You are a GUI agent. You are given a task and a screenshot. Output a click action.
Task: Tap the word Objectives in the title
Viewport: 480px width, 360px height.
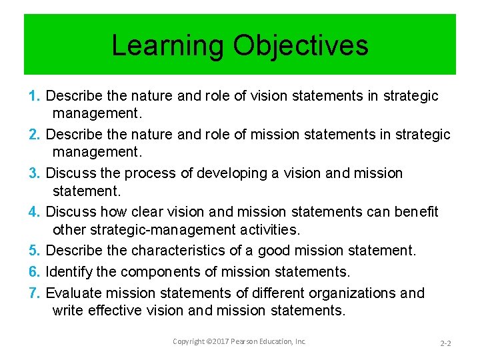[x=301, y=46]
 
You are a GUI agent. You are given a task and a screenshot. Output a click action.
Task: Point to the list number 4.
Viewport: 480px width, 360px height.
[x=35, y=212]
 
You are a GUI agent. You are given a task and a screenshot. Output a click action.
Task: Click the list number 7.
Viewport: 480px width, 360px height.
[x=35, y=293]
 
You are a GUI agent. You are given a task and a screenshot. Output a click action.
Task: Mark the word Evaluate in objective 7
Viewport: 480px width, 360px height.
[x=73, y=293]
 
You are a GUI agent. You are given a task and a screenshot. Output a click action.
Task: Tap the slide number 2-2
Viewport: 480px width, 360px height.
[x=445, y=343]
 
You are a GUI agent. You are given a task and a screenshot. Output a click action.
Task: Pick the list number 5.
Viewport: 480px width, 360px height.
[x=35, y=251]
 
